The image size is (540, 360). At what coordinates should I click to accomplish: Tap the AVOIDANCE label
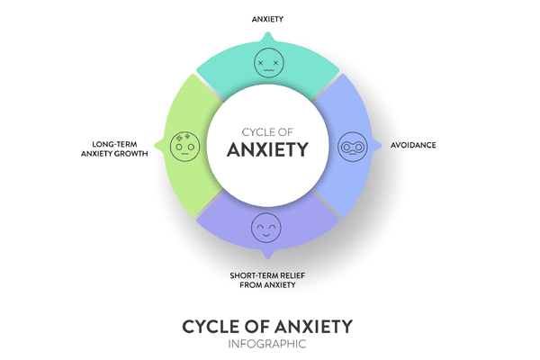(413, 144)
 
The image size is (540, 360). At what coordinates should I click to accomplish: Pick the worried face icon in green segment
(184, 143)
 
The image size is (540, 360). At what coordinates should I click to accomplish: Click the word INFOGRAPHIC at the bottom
(267, 343)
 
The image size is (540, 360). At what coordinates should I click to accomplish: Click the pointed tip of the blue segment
(377, 144)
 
